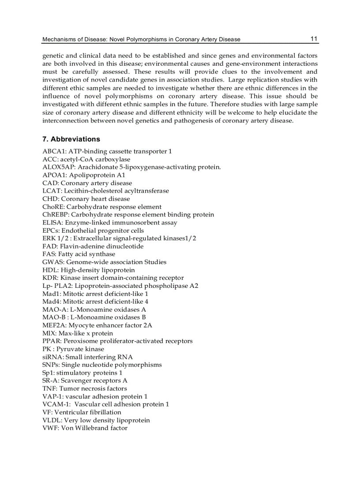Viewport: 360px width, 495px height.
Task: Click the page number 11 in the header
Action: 314,39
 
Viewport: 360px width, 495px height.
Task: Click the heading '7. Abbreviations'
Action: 71,139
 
